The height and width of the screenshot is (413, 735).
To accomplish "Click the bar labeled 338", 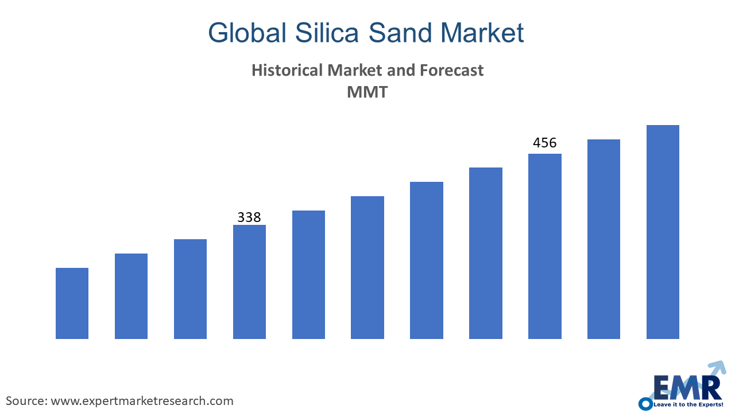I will (249, 282).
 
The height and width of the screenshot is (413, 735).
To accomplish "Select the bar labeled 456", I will (544, 246).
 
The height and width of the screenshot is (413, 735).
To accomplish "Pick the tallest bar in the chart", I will (663, 232).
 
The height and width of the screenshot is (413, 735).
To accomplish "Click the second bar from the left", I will (131, 296).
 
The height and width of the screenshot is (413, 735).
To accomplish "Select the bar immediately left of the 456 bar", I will (485, 253).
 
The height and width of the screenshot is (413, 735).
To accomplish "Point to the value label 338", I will (249, 217).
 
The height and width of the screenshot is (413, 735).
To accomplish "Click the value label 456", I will (544, 143).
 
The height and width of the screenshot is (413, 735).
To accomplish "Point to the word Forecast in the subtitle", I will (452, 71).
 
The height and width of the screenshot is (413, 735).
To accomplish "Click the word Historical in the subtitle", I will (287, 71).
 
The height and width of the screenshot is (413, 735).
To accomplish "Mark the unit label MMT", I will (367, 92).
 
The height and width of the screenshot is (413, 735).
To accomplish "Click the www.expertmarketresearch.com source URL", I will (142, 400).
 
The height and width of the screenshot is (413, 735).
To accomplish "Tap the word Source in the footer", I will (25, 400).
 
